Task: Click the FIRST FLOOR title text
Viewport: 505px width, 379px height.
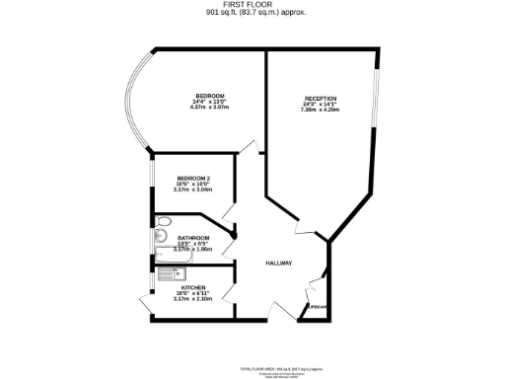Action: click(253, 5)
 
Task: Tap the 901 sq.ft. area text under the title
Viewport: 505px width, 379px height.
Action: click(253, 14)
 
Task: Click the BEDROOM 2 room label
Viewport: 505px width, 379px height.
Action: click(192, 178)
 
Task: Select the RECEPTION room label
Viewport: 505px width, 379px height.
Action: click(320, 99)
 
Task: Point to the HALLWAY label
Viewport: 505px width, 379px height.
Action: click(278, 264)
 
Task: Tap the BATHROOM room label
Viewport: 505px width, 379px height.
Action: click(192, 238)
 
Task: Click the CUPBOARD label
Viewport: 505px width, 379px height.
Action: click(317, 307)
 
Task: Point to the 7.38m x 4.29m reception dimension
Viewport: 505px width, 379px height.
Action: click(320, 111)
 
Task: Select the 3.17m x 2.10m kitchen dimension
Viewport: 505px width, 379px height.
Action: click(192, 299)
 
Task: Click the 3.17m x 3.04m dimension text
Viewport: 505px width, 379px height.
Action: click(192, 189)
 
